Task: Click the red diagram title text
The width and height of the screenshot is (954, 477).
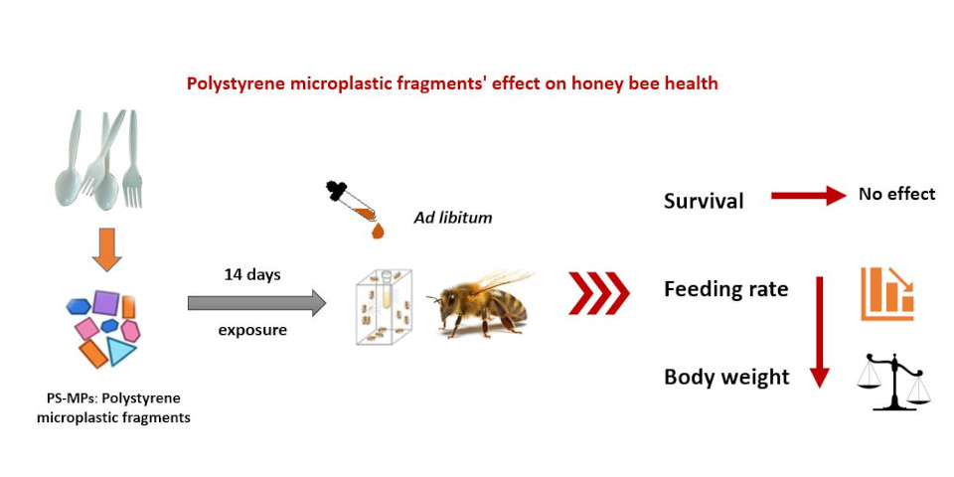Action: coord(452,83)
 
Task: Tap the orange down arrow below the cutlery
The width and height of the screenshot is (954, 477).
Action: coord(106,248)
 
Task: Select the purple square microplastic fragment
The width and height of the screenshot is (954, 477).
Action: coord(105,302)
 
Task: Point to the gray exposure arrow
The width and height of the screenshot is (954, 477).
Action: coord(256,303)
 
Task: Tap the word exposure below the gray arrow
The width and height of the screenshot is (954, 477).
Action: coord(252,331)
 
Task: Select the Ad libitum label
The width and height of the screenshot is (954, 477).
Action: coord(453,218)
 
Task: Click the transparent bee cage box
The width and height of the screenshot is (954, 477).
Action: coord(384,306)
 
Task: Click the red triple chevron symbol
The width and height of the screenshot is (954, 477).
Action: coord(599,292)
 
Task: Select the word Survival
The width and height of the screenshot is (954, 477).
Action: coord(704,201)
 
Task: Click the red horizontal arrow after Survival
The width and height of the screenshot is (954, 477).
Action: coord(809,196)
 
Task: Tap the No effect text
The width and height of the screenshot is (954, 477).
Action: coord(896,194)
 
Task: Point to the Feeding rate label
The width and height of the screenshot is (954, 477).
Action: coord(725,288)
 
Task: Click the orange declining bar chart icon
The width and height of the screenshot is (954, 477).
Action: coord(887,294)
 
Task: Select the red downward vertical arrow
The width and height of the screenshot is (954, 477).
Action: coord(820,332)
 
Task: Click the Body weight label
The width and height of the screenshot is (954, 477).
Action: coord(726,378)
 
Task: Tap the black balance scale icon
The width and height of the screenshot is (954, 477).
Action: coord(893,382)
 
